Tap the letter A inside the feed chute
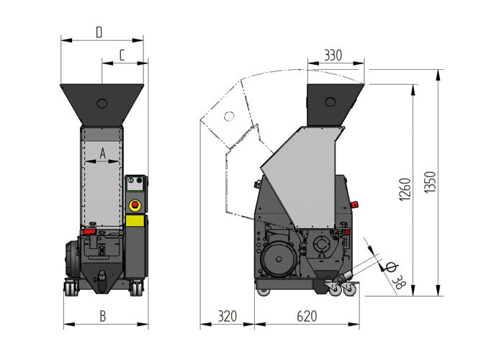(102, 153)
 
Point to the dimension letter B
(103, 315)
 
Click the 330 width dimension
(333, 55)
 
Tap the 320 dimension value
(227, 315)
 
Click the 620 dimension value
(307, 315)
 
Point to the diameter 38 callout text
(397, 274)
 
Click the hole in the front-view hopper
(102, 103)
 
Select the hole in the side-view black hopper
(331, 101)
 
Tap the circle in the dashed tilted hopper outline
(229, 115)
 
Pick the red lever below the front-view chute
(89, 232)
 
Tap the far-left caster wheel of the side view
(264, 292)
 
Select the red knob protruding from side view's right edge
(348, 232)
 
